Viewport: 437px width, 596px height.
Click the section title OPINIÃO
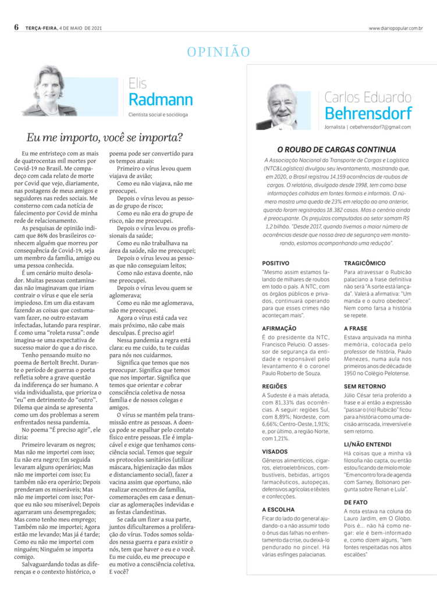(x=218, y=52)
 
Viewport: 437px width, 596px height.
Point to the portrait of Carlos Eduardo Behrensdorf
(x=283, y=107)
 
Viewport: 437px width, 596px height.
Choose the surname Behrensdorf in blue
(x=368, y=112)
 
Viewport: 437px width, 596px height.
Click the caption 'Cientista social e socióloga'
(x=158, y=115)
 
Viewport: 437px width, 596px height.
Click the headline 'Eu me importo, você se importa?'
(x=105, y=138)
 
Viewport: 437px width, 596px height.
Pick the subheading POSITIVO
(x=276, y=263)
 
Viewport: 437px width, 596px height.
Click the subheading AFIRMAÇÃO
(x=280, y=328)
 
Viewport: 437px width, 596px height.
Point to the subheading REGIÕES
(x=275, y=386)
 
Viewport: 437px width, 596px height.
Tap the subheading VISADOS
(x=275, y=450)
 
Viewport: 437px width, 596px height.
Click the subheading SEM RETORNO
(x=365, y=386)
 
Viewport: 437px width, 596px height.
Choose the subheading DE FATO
(x=356, y=501)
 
